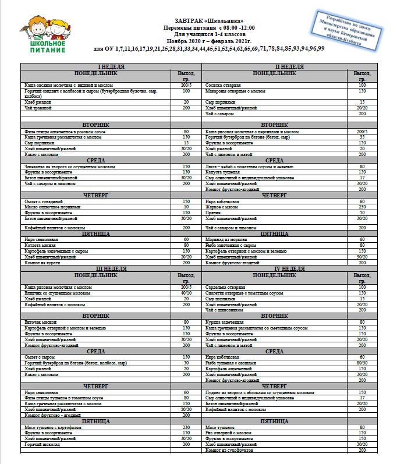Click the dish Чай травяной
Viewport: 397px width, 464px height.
click(38, 108)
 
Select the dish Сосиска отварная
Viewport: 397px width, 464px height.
click(219, 85)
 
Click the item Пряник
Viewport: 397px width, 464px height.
click(212, 212)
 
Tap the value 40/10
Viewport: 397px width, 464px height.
click(186, 293)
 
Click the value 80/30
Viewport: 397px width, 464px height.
click(362, 362)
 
